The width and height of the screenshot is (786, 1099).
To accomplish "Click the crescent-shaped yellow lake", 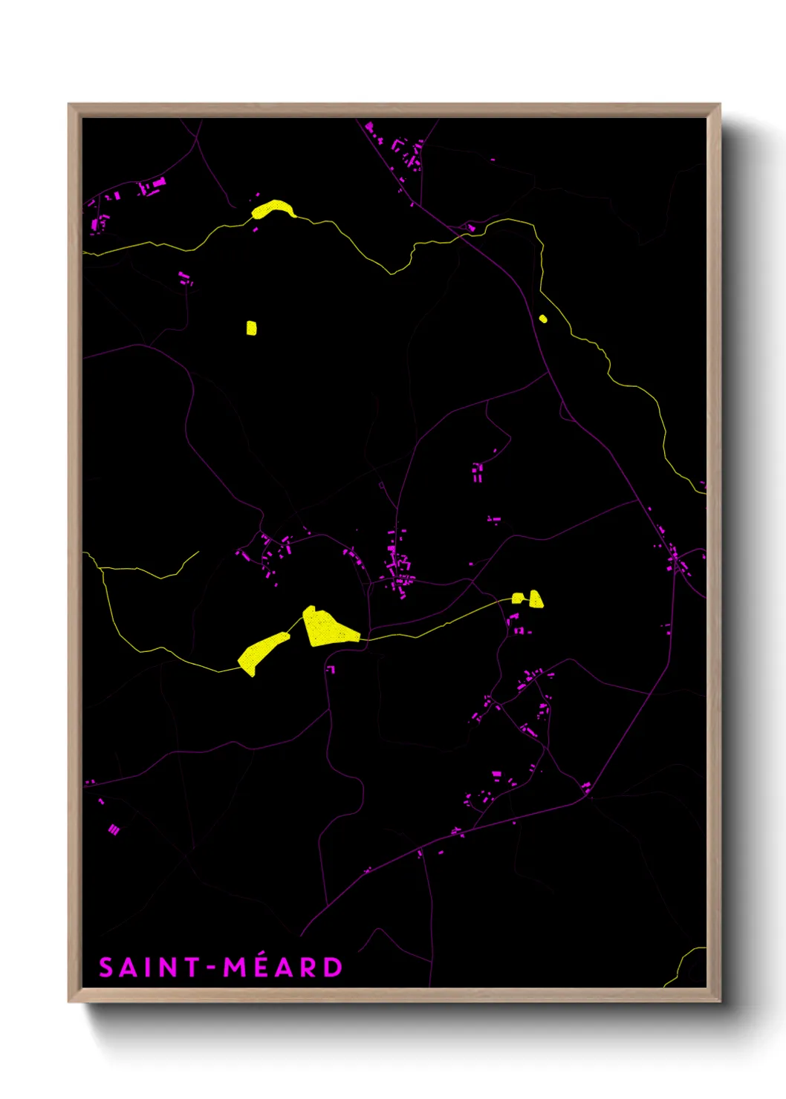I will [x=273, y=209].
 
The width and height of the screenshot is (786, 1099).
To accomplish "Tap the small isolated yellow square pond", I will [x=251, y=327].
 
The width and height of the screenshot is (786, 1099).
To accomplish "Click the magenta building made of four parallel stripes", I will [x=114, y=829].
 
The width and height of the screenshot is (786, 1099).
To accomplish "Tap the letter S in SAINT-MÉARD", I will [x=107, y=968].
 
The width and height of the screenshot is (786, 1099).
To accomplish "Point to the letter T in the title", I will [x=192, y=968].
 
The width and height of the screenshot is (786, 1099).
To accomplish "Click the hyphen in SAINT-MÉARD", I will [x=212, y=968].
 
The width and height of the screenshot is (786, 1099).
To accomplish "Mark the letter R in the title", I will [x=308, y=968].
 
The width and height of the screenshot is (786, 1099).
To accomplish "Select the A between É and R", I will [x=284, y=968].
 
